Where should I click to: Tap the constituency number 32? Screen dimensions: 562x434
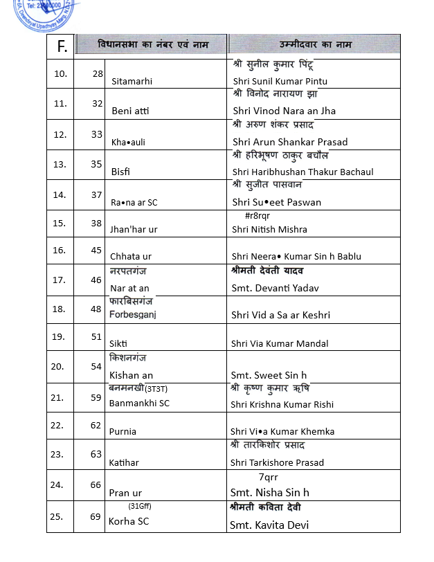97,103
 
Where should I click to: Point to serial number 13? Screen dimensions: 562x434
60,164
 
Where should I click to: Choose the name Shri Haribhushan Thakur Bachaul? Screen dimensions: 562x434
302,172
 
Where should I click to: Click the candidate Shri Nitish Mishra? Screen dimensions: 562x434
269,229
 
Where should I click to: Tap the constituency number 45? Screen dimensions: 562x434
97,250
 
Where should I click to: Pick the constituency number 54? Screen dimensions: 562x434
97,366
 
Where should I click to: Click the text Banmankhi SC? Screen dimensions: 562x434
139,403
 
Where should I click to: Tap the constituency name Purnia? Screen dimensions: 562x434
123,431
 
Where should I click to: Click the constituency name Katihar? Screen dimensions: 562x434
124,462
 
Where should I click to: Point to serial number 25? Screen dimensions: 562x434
60,516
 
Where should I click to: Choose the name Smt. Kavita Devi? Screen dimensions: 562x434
269,525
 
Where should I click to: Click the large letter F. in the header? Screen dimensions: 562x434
62,47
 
